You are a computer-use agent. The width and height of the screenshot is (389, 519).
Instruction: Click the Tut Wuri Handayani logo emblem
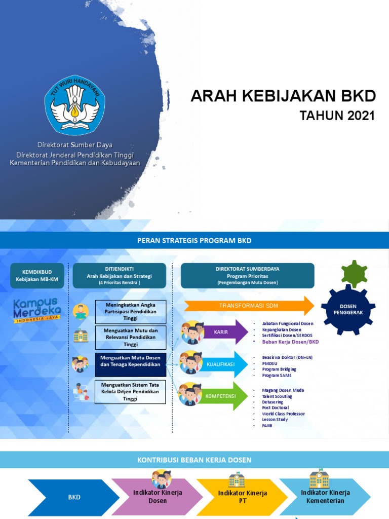tap(75, 105)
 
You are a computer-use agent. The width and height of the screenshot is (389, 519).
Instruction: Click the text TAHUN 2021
tap(337, 116)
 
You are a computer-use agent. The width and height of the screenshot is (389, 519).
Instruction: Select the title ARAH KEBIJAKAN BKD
tap(283, 96)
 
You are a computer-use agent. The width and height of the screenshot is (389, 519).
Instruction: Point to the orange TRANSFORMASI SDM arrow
tap(248, 306)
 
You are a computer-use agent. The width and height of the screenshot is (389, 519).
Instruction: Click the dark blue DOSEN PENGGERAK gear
tap(348, 309)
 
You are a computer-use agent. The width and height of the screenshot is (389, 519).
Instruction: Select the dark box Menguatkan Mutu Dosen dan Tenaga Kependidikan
tap(131, 364)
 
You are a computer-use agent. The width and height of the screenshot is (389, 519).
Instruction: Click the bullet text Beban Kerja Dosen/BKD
tap(290, 342)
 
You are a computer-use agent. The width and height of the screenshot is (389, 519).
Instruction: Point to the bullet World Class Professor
tap(283, 414)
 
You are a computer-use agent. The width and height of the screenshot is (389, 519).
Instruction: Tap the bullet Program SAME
tap(276, 376)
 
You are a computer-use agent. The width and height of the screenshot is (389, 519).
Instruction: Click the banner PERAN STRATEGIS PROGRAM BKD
tap(194, 240)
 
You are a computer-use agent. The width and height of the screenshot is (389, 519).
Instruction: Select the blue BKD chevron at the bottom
tap(74, 497)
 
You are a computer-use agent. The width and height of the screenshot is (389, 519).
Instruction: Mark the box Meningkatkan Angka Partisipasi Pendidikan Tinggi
tap(131, 311)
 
